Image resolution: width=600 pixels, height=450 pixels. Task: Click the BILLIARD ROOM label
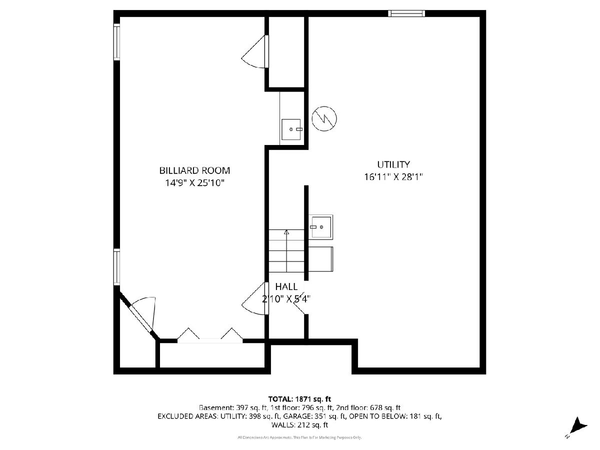pos(194,170)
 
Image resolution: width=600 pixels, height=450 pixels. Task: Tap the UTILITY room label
pos(393,164)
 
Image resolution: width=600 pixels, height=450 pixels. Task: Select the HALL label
pos(286,286)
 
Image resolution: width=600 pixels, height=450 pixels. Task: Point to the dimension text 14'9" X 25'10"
pos(194,183)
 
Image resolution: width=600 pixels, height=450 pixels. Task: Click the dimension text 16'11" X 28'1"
pos(393,177)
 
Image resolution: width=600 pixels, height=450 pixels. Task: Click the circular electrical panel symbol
pos(324,118)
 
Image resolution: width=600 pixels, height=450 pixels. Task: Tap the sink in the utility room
pos(321,227)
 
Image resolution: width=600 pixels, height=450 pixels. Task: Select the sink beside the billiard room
pos(291,129)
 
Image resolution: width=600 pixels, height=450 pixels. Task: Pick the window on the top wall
pos(406,13)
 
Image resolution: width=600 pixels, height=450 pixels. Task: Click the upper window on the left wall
pos(116,42)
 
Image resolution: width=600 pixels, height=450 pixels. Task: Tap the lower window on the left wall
pos(116,267)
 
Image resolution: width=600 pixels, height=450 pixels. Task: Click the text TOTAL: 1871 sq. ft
pos(299,399)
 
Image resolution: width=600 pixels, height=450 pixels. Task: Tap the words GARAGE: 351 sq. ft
pos(314,416)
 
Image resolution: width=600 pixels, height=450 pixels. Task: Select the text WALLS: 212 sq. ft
pos(299,425)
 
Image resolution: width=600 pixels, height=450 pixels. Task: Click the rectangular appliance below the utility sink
pos(321,259)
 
